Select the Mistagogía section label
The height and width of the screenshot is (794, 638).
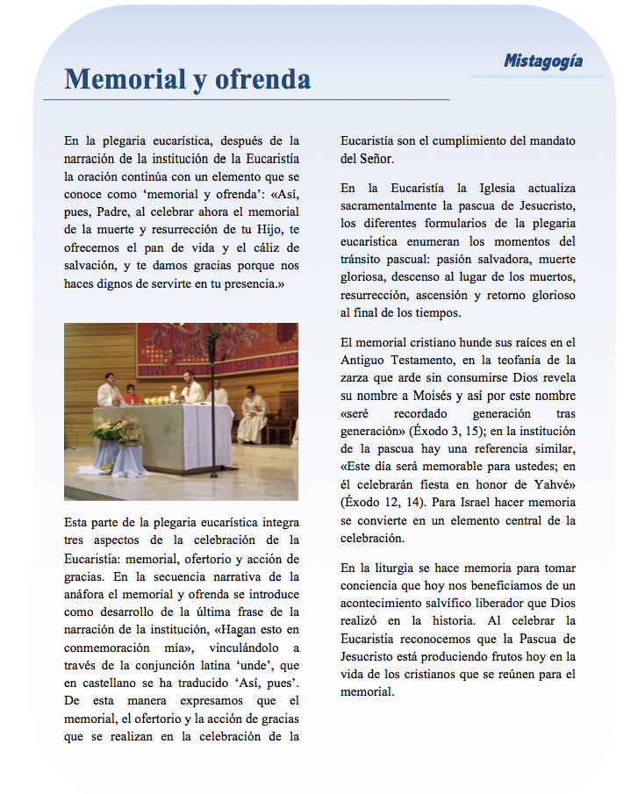click(x=542, y=61)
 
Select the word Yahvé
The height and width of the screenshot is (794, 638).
click(x=553, y=484)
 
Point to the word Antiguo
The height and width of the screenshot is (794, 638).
click(x=364, y=358)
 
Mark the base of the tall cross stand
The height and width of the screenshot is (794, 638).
click(x=213, y=475)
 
